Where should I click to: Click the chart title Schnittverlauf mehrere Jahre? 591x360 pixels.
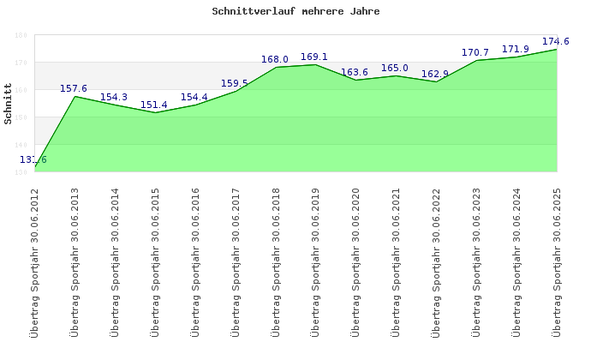click(295, 12)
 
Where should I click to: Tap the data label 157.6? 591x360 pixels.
click(74, 88)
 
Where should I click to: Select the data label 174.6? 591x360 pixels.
click(556, 41)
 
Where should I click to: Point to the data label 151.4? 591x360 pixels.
click(154, 105)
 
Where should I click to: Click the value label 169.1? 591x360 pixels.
click(315, 57)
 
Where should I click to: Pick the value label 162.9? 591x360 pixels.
click(435, 74)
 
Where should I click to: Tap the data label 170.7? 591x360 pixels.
click(475, 52)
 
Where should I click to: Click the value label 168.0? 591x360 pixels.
click(275, 59)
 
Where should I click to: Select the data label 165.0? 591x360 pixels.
click(395, 68)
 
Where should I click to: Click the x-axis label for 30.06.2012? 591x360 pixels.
click(34, 261)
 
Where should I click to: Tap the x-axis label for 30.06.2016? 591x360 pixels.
click(195, 261)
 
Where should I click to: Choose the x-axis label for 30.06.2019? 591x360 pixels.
click(315, 261)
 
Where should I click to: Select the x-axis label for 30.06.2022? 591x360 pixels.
click(436, 261)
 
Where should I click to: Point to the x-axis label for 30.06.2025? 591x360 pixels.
click(557, 261)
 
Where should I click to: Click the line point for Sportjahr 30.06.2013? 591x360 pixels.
click(75, 96)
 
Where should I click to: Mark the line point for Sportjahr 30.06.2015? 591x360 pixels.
click(155, 113)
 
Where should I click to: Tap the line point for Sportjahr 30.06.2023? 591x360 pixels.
click(476, 61)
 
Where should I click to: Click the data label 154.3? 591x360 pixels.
click(114, 97)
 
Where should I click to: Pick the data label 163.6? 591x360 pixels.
click(355, 72)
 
